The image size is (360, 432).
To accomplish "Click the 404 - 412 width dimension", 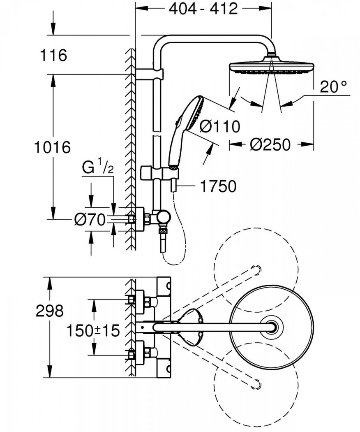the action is coord(203,9).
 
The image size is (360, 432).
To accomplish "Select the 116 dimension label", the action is coord(53,55).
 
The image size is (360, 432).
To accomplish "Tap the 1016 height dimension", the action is coord(52,147).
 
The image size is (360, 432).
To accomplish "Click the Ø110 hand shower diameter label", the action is coord(220,127).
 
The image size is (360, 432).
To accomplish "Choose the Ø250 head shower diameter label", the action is coord(270,144).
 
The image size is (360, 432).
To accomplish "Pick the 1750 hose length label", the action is coord(218,186).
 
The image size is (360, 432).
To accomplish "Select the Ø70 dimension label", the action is coord(90,220).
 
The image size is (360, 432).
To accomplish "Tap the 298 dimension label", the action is coord(50,311).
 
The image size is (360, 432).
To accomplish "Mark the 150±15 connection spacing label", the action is coord(93,330).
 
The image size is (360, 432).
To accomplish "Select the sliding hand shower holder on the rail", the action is coord(159,174).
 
